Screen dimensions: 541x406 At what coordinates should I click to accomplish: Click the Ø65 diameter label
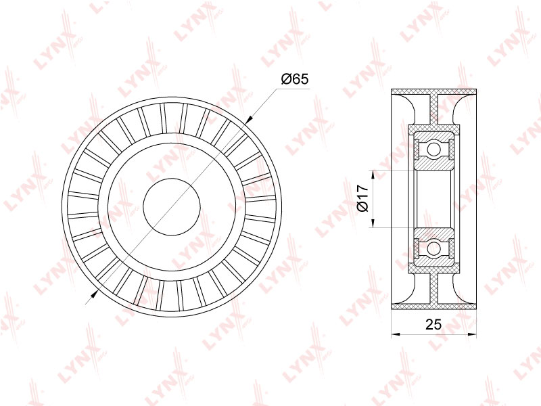click(294, 79)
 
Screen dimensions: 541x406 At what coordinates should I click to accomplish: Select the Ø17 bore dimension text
click(363, 198)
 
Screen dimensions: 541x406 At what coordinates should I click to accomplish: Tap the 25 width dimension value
click(433, 325)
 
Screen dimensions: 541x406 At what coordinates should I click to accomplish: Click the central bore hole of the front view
click(172, 207)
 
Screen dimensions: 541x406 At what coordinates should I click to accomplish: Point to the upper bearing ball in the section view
click(433, 150)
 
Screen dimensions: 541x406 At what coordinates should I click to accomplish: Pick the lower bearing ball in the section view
click(433, 248)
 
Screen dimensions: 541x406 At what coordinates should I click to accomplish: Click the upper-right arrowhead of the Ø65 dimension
click(249, 120)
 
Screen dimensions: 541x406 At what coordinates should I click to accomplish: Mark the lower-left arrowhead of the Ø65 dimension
click(94, 294)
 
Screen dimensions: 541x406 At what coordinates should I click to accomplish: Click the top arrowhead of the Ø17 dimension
click(373, 175)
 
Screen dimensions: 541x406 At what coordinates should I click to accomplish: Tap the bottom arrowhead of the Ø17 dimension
click(373, 223)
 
